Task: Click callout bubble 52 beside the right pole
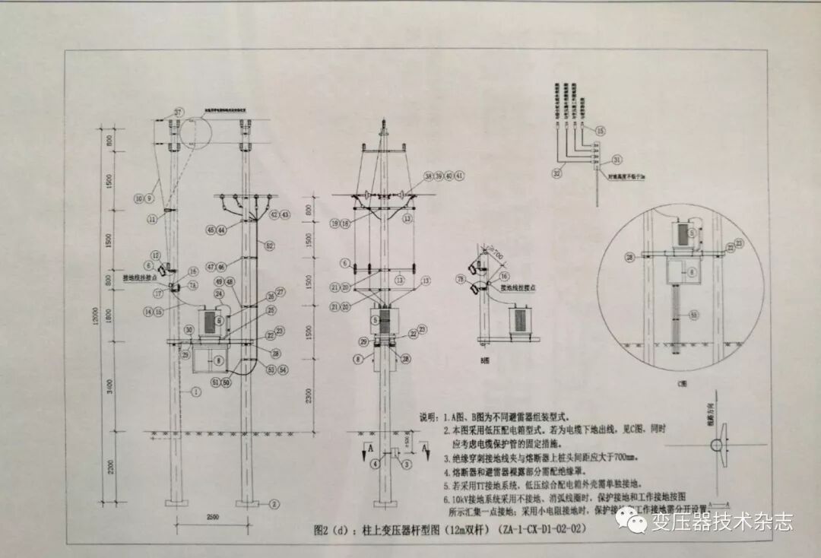(268, 245)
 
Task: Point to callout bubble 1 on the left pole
(196, 392)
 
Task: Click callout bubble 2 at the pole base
(274, 503)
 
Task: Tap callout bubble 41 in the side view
(459, 176)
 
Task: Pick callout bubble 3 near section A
(406, 464)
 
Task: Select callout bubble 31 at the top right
(616, 160)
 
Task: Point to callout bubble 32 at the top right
(557, 174)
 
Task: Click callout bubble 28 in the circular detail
(630, 258)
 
